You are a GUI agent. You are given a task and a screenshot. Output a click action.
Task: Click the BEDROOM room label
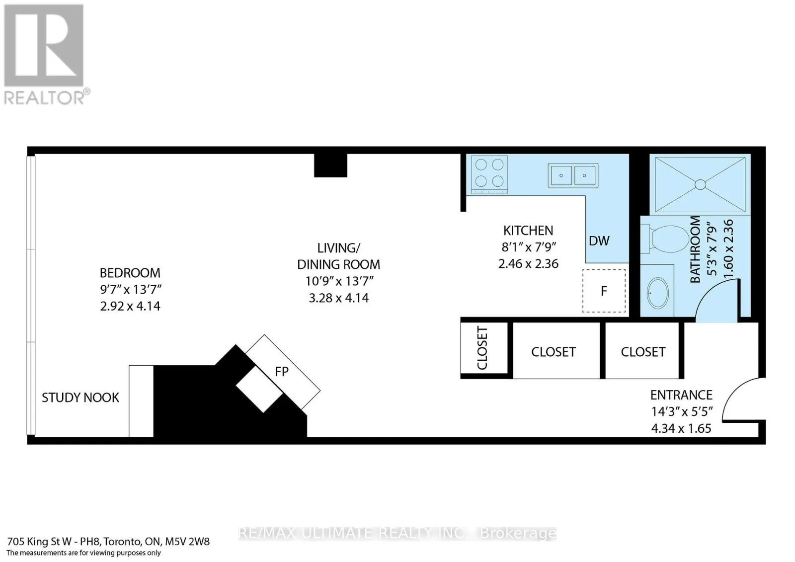click(130, 273)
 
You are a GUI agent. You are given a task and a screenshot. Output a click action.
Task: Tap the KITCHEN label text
click(528, 231)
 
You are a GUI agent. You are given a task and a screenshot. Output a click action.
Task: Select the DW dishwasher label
click(599, 241)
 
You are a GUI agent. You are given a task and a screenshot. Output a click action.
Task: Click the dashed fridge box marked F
click(604, 291)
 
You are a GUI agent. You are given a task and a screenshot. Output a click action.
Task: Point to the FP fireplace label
click(282, 372)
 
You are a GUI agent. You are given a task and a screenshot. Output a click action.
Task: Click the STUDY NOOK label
click(80, 398)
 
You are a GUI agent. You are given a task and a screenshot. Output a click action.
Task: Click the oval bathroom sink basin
click(658, 293)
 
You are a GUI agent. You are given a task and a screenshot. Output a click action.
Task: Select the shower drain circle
click(700, 185)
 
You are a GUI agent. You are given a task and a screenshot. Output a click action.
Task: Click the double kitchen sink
click(573, 175)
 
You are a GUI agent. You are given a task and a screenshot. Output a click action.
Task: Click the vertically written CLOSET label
click(482, 348)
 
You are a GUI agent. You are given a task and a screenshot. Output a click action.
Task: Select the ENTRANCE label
click(681, 395)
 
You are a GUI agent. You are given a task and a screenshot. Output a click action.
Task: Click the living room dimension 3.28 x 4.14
click(338, 298)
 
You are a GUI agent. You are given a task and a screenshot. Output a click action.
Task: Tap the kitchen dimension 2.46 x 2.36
click(528, 264)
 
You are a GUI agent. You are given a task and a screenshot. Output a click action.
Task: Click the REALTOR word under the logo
click(44, 97)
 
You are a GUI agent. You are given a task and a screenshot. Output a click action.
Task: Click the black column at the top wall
click(330, 165)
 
